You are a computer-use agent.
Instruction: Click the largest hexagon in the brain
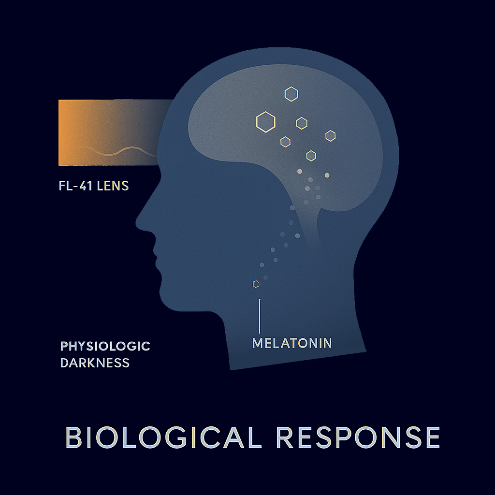tap(265, 121)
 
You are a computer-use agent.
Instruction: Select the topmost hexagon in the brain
tap(291, 94)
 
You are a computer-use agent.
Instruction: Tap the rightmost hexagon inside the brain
tap(330, 136)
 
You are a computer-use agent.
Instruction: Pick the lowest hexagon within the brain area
tap(311, 156)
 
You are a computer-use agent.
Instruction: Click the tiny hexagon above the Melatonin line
tap(256, 284)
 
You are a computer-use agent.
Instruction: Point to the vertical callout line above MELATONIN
tap(260, 316)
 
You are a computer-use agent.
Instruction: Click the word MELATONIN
tap(292, 343)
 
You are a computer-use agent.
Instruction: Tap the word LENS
tap(113, 186)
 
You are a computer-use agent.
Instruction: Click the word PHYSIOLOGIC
tap(105, 346)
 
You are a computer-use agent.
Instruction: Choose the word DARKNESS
tap(95, 363)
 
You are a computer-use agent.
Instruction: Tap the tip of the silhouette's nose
tap(137, 223)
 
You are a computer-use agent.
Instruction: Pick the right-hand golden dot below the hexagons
tap(327, 175)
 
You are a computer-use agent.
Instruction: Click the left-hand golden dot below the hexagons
tap(300, 172)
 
